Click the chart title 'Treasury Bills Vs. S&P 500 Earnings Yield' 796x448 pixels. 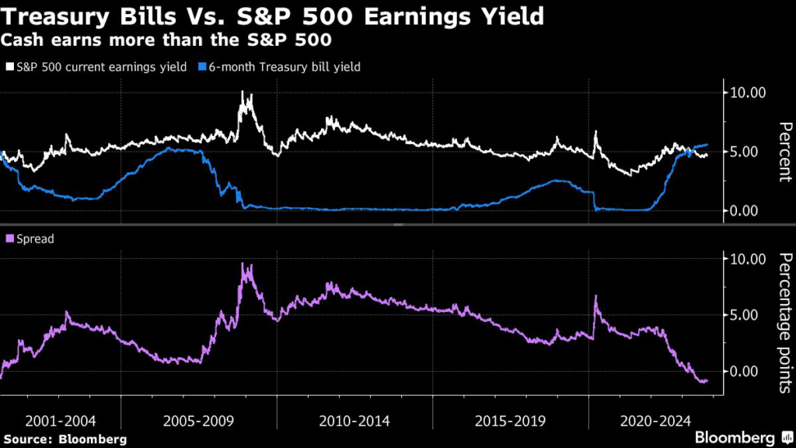coord(272,15)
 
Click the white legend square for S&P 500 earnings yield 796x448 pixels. coord(9,68)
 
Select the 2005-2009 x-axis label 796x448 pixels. coord(200,421)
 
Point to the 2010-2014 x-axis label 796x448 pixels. coord(355,421)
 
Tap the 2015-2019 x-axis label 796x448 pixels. coord(511,421)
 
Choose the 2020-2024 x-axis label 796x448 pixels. coord(651,421)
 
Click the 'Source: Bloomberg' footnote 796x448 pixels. coord(65,439)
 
